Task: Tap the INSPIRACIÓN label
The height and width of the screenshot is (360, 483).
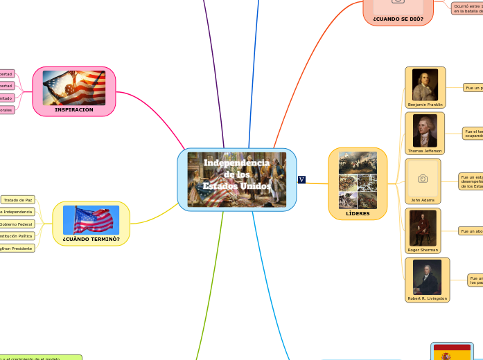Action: [73, 109]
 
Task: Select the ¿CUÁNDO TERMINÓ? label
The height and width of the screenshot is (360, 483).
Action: [91, 239]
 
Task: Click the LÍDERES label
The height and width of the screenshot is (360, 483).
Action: [358, 214]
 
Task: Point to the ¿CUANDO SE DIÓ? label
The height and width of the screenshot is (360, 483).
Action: [398, 19]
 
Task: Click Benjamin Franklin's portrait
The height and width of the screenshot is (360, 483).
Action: [425, 84]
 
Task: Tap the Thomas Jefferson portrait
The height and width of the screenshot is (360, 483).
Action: [425, 129]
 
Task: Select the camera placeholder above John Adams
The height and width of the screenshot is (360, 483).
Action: [423, 179]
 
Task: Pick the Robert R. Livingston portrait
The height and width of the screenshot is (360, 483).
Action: [427, 277]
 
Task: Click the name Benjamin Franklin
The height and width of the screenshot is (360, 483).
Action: [425, 105]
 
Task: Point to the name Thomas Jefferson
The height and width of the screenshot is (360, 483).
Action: [425, 150]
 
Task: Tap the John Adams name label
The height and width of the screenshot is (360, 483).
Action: [423, 200]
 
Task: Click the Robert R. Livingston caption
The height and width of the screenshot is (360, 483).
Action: [427, 298]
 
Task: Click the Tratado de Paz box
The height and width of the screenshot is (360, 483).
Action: [17, 200]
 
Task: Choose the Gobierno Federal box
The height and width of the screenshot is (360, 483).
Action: [15, 224]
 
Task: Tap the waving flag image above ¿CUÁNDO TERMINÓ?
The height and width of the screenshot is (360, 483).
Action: [91, 219]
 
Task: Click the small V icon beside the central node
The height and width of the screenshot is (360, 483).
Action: [301, 180]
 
